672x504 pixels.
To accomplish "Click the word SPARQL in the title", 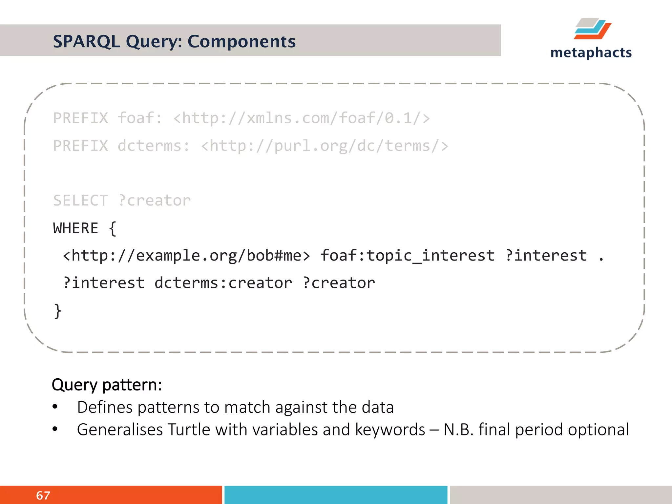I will (x=86, y=42).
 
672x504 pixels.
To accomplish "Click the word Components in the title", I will (x=241, y=42).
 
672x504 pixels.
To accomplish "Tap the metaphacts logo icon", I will (x=592, y=29).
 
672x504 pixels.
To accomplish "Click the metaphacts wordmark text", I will (x=591, y=52).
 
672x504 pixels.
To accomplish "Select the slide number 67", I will (x=43, y=495).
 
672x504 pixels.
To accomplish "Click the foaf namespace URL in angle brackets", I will (x=301, y=118).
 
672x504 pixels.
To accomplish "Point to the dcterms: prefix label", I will (x=154, y=146).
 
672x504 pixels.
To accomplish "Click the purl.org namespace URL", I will (x=324, y=146).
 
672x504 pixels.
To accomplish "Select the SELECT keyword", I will (x=80, y=200).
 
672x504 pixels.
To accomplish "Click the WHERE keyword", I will (x=76, y=228).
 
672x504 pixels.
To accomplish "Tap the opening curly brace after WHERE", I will (x=113, y=228).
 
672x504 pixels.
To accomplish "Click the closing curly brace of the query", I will (x=58, y=311).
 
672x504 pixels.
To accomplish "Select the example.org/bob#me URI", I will (x=186, y=256).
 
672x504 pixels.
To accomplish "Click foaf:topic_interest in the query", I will (x=407, y=256).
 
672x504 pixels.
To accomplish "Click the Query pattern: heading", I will (x=107, y=385).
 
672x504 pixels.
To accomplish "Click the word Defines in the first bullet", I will (x=105, y=407).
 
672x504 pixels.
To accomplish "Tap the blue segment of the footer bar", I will (x=336, y=495).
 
